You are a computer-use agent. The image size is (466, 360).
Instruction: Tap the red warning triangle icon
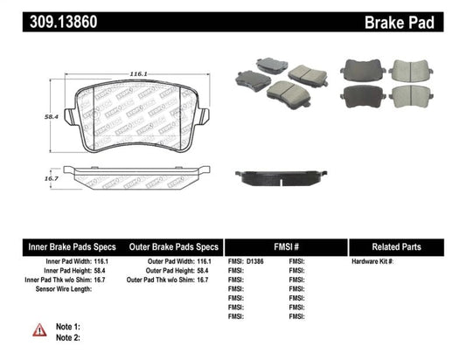pos(38,329)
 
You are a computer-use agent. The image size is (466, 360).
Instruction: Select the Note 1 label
pos(67,326)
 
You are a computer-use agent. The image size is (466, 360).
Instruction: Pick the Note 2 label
pos(67,337)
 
